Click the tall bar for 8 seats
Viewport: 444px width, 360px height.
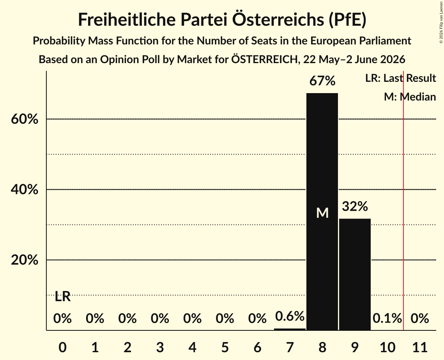pyautogui.click(x=322, y=212)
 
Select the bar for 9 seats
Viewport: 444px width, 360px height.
pyautogui.click(x=355, y=274)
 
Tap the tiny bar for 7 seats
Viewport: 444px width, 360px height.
pyautogui.click(x=290, y=329)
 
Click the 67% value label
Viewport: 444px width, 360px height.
pyautogui.click(x=322, y=81)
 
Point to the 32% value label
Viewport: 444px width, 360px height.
pyautogui.click(x=355, y=206)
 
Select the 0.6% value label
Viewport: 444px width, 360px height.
pyautogui.click(x=290, y=316)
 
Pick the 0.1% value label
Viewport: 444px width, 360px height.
pyautogui.click(x=387, y=318)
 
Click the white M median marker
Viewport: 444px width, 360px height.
pyautogui.click(x=322, y=213)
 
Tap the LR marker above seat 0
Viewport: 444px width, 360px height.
pyautogui.click(x=63, y=296)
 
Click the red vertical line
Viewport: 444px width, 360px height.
pyautogui.click(x=403, y=200)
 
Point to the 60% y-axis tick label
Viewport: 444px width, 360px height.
pyautogui.click(x=24, y=119)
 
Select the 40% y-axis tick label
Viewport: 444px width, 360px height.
pyautogui.click(x=24, y=189)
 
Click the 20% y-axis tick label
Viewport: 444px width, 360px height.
pyautogui.click(x=24, y=260)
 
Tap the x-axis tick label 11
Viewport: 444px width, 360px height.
pyautogui.click(x=420, y=347)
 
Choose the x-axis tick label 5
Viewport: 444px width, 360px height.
pyautogui.click(x=225, y=347)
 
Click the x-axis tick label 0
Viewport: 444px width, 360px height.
pyautogui.click(x=63, y=347)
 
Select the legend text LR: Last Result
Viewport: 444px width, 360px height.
pyautogui.click(x=400, y=78)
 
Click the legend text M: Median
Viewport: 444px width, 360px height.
pyautogui.click(x=410, y=97)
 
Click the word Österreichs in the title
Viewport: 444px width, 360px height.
pyautogui.click(x=278, y=19)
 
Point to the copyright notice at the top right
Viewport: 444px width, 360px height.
pyautogui.click(x=441, y=22)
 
